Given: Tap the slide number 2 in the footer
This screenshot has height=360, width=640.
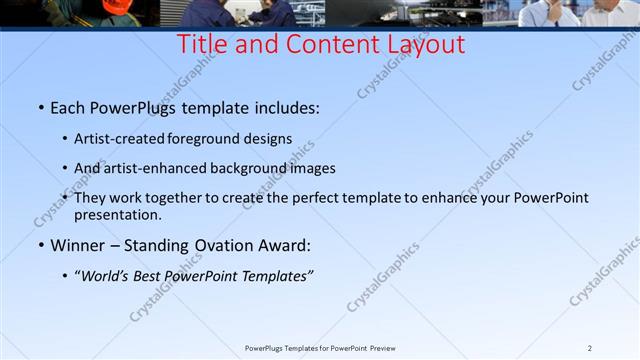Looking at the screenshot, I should pyautogui.click(x=590, y=348).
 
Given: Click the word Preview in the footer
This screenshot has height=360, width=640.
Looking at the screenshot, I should pyautogui.click(x=385, y=348).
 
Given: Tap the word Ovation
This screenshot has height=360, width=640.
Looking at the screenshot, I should pyautogui.click(x=219, y=245).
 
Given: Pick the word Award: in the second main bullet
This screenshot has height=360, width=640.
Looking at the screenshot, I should pyautogui.click(x=283, y=245).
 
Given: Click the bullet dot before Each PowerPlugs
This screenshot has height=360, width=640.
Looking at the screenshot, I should pyautogui.click(x=40, y=105).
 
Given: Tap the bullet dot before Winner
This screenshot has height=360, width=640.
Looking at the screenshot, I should pyautogui.click(x=40, y=245).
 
